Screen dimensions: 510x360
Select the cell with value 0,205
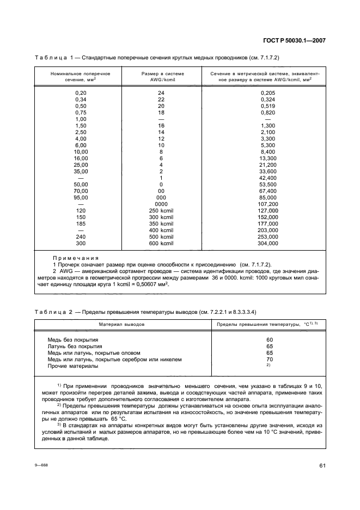pyautogui.click(x=268, y=93)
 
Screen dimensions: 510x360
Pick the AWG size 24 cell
pyautogui.click(x=161, y=93)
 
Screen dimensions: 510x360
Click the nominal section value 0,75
pyautogui.click(x=81, y=113)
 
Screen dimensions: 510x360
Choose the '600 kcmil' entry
pyautogui.click(x=161, y=244)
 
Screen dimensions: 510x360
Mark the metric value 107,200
pyautogui.click(x=268, y=204)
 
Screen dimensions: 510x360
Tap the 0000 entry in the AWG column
pyautogui.click(x=161, y=204)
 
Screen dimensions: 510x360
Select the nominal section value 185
pyautogui.click(x=81, y=224)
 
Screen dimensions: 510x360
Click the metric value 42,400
pyautogui.click(x=268, y=178)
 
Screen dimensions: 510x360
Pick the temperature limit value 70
pyautogui.click(x=269, y=360)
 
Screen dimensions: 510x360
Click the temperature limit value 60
pyautogui.click(x=269, y=340)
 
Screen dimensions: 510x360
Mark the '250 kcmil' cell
pyautogui.click(x=161, y=211)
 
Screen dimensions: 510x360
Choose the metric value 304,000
pyautogui.click(x=268, y=244)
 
